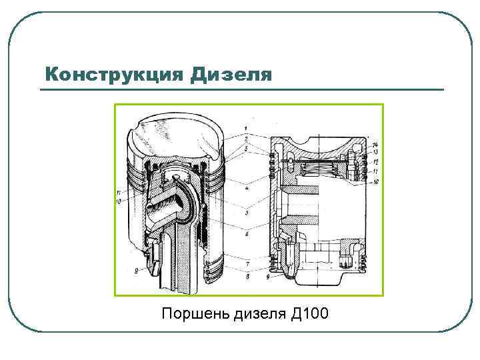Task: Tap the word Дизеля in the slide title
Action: [x=231, y=73]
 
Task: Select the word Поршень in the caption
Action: [x=194, y=313]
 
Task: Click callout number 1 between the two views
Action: [x=247, y=128]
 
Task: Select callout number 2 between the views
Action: [x=247, y=137]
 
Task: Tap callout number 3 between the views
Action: [x=247, y=147]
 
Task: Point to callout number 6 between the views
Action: [x=247, y=235]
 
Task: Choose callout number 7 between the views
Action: [x=247, y=265]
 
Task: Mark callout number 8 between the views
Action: [x=247, y=275]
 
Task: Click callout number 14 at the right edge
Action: [x=376, y=145]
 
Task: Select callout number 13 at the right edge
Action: [x=376, y=153]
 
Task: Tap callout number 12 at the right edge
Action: [x=376, y=162]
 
